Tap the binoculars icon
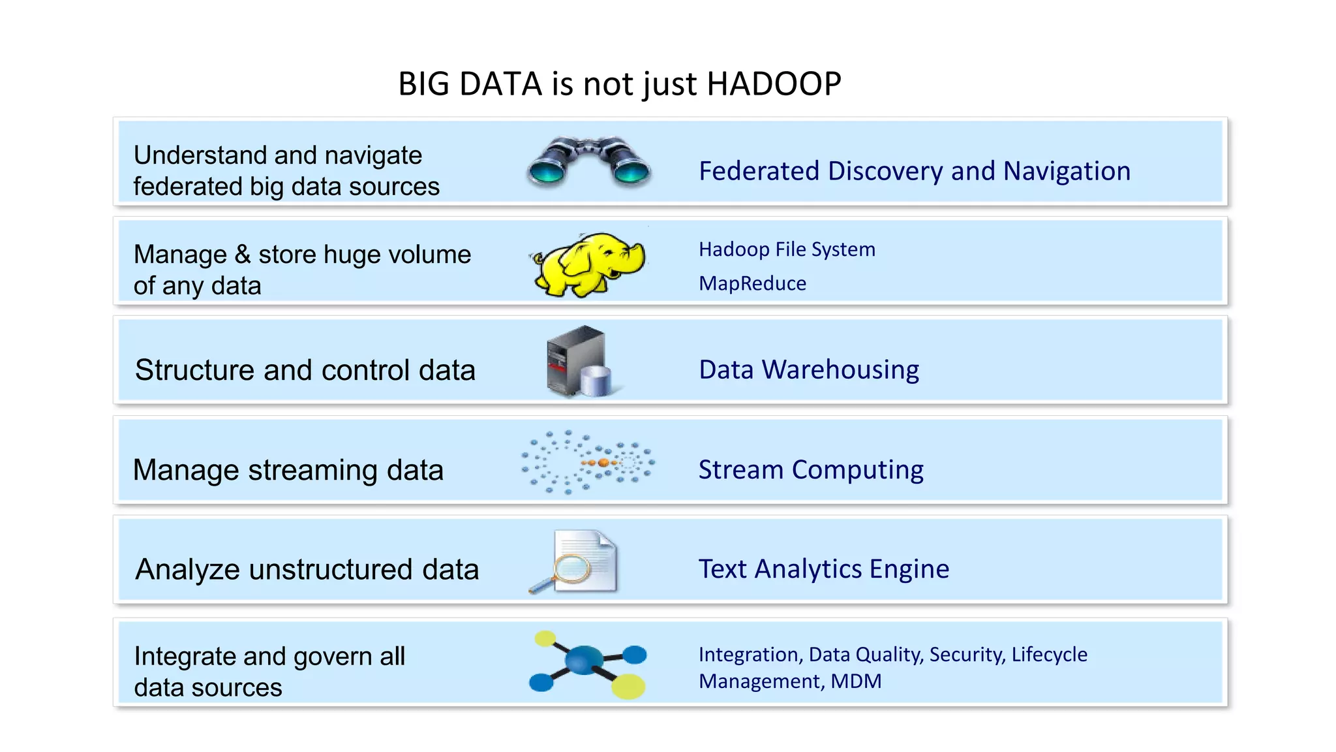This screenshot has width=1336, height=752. click(588, 161)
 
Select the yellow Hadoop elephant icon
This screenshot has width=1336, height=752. click(588, 264)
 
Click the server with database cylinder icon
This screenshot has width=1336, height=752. click(578, 362)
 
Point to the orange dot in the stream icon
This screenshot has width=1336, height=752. click(603, 463)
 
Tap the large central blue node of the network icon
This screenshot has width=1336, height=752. click(584, 660)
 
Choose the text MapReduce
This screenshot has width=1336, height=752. click(752, 284)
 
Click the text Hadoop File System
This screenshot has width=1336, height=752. click(787, 249)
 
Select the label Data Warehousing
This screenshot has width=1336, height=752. click(809, 370)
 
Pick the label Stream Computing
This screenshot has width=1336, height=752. click(811, 470)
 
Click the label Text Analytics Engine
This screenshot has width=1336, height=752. click(824, 569)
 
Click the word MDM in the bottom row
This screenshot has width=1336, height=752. click(856, 681)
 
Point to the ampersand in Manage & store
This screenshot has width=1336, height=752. click(243, 255)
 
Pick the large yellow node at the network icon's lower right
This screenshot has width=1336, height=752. click(628, 686)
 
